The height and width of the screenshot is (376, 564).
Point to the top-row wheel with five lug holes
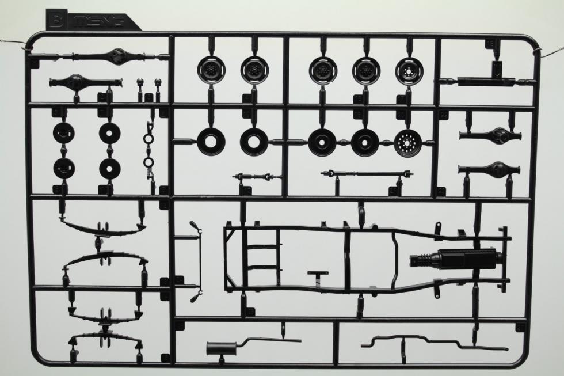pyautogui.click(x=409, y=70)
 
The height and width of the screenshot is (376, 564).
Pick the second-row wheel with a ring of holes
pyautogui.click(x=407, y=142)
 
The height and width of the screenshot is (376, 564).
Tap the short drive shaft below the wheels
pyautogui.click(x=257, y=176)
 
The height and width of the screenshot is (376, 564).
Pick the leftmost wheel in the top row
pyautogui.click(x=211, y=70)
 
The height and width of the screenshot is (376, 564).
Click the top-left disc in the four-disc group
pyautogui.click(x=64, y=133)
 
